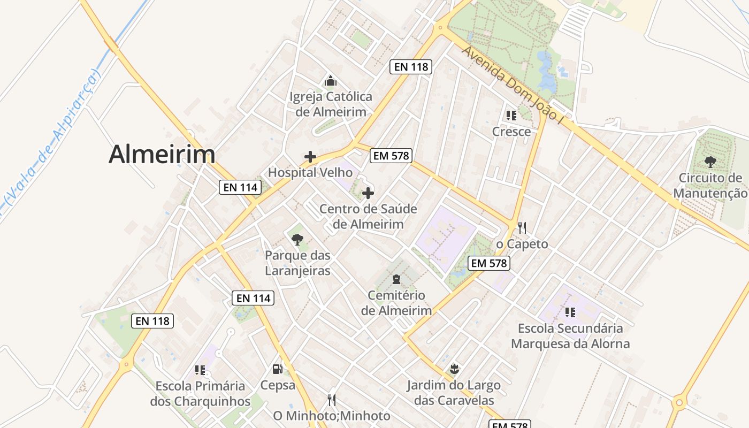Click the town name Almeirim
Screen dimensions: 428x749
(x=162, y=154)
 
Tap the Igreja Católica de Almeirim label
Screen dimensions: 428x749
(x=331, y=104)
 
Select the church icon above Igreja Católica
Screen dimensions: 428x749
(x=331, y=81)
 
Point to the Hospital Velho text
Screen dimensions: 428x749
(x=310, y=172)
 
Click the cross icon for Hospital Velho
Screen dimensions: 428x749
(x=310, y=157)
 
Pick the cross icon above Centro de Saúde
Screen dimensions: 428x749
(x=368, y=193)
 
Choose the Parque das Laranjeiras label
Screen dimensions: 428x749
(x=297, y=263)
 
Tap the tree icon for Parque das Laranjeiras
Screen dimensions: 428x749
(x=297, y=239)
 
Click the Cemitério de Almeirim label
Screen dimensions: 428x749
(x=396, y=303)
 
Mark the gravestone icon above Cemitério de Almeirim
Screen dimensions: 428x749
(x=396, y=279)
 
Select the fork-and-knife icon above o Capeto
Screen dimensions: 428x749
(x=522, y=227)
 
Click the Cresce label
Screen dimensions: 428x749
(x=511, y=132)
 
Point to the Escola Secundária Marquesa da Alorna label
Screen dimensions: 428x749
(x=570, y=335)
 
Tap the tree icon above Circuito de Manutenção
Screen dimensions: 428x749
(x=710, y=162)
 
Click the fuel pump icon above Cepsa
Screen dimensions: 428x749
(x=277, y=369)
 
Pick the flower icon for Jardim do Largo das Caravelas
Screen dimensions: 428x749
(x=454, y=369)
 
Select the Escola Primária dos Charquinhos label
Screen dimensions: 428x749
(x=200, y=393)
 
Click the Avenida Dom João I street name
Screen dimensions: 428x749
(x=514, y=86)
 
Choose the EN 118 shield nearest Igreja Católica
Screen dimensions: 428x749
(x=410, y=66)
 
